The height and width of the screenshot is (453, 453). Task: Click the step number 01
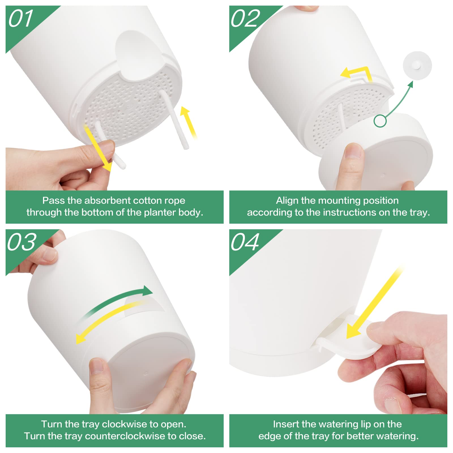pyautogui.click(x=21, y=19)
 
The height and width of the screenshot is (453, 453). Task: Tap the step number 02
pyautogui.click(x=245, y=18)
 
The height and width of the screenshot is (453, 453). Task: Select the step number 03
pyautogui.click(x=22, y=242)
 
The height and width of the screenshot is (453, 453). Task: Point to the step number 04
pyautogui.click(x=245, y=242)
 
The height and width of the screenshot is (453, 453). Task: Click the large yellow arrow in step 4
pyautogui.click(x=374, y=303)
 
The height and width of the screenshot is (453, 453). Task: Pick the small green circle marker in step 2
pyautogui.click(x=380, y=121)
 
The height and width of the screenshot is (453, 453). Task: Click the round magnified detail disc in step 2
pyautogui.click(x=417, y=66)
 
